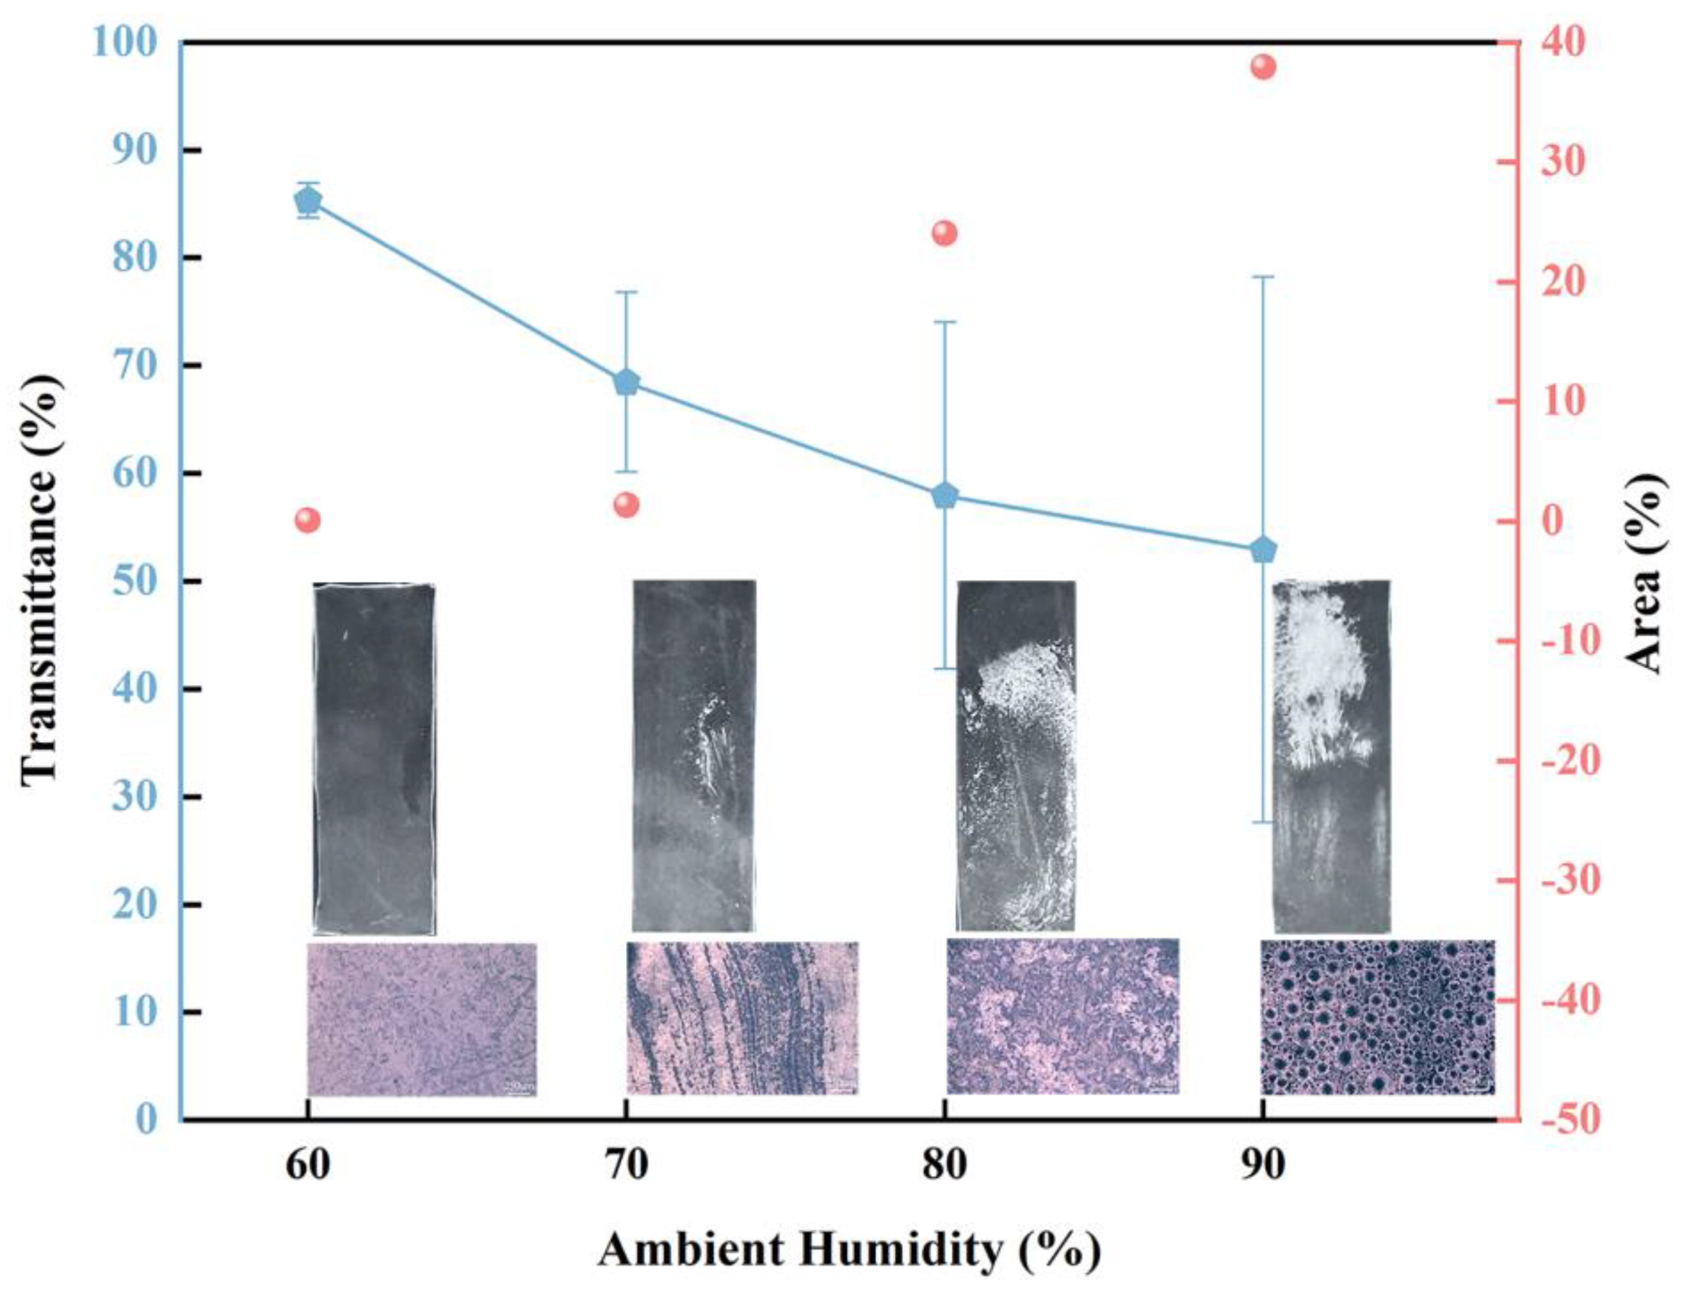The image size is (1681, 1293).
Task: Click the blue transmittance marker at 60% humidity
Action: pos(309,201)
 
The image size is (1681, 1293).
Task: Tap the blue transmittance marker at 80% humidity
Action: pos(944,495)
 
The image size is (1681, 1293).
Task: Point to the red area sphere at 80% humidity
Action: pos(944,233)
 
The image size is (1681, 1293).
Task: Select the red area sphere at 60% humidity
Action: pos(308,521)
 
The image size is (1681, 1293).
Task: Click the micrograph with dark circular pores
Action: pos(1377,1017)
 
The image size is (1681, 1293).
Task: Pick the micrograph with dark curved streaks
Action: pos(742,1017)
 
